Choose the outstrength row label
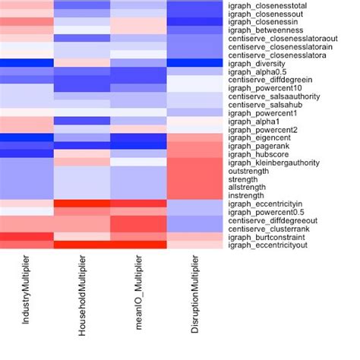pyautogui.click(x=247, y=171)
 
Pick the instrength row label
pyautogui.click(x=245, y=195)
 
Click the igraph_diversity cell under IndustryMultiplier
pyautogui.click(x=27, y=63)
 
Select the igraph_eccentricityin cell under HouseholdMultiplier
pyautogui.click(x=82, y=204)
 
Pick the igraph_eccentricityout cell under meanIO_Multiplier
pyautogui.click(x=138, y=245)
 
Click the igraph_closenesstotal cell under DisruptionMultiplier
pyautogui.click(x=194, y=5)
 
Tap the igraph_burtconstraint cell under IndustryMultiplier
pyautogui.click(x=27, y=237)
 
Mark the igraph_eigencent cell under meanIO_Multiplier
pyautogui.click(x=138, y=137)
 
